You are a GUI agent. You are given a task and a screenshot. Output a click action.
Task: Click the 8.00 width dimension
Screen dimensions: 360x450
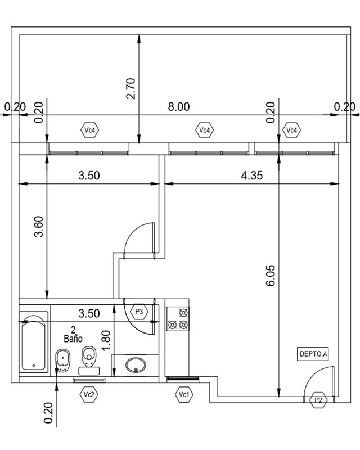pyautogui.click(x=178, y=107)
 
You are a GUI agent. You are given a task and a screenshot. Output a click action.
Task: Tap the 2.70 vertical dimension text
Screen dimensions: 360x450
pyautogui.click(x=130, y=88)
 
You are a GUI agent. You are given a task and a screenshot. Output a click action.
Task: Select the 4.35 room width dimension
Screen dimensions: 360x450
pyautogui.click(x=252, y=175)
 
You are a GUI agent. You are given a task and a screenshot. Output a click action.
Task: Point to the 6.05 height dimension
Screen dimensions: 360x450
pyautogui.click(x=271, y=276)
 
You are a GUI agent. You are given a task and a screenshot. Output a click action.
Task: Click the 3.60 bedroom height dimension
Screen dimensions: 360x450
pyautogui.click(x=38, y=227)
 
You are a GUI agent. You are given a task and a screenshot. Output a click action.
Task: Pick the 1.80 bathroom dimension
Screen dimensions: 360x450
pyautogui.click(x=106, y=340)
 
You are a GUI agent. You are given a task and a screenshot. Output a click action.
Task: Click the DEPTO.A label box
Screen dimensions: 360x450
pyautogui.click(x=313, y=354)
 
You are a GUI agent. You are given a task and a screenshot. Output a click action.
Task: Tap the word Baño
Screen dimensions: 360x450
pyautogui.click(x=73, y=339)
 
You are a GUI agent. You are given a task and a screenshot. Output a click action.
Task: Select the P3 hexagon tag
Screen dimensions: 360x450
pyautogui.click(x=139, y=312)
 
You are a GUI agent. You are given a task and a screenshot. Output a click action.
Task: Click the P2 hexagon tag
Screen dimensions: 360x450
pyautogui.click(x=319, y=400)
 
